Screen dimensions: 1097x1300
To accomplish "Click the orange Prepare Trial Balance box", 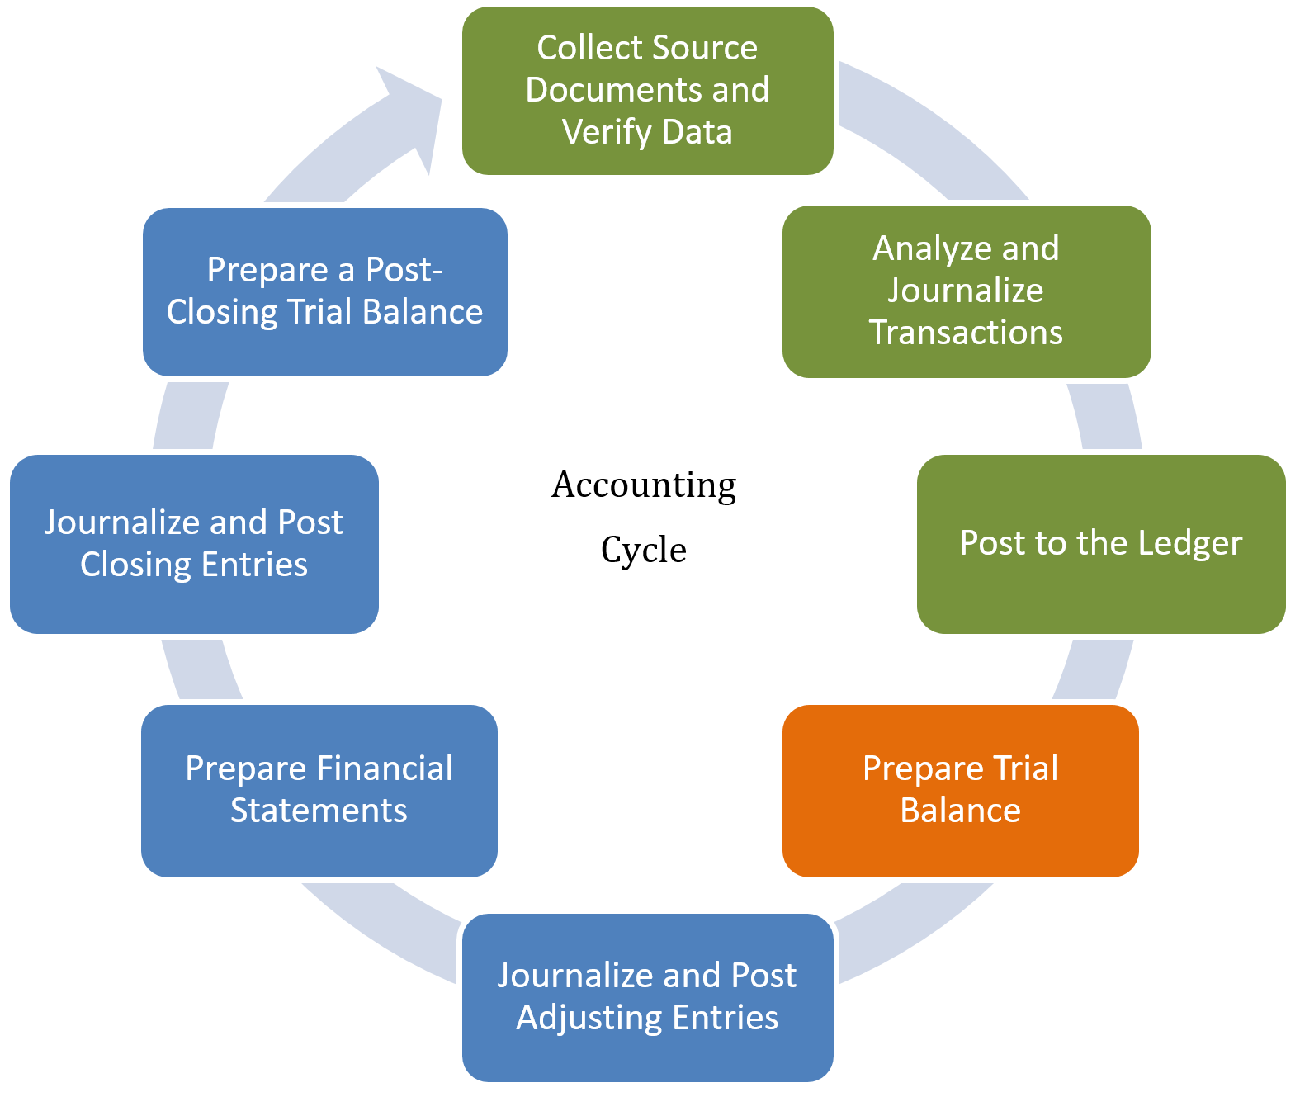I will [x=960, y=790].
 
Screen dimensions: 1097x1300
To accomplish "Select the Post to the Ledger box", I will [x=1100, y=543].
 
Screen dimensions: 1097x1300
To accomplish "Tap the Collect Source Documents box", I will [x=647, y=90].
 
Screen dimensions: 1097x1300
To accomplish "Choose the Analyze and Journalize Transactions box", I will [x=966, y=291].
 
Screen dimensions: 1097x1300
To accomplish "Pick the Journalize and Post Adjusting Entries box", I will [x=647, y=996].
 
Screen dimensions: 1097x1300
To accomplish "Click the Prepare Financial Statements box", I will [x=319, y=790].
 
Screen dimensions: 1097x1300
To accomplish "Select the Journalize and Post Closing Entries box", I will [x=194, y=543].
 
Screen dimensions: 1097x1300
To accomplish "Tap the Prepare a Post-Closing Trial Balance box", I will [x=324, y=291].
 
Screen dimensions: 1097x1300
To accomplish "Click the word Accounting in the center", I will [x=644, y=485].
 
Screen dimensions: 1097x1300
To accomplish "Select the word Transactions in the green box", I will [x=966, y=333].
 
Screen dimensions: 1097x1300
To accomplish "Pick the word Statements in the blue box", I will [x=319, y=811].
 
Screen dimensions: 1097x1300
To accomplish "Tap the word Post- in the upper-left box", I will [x=404, y=270].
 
